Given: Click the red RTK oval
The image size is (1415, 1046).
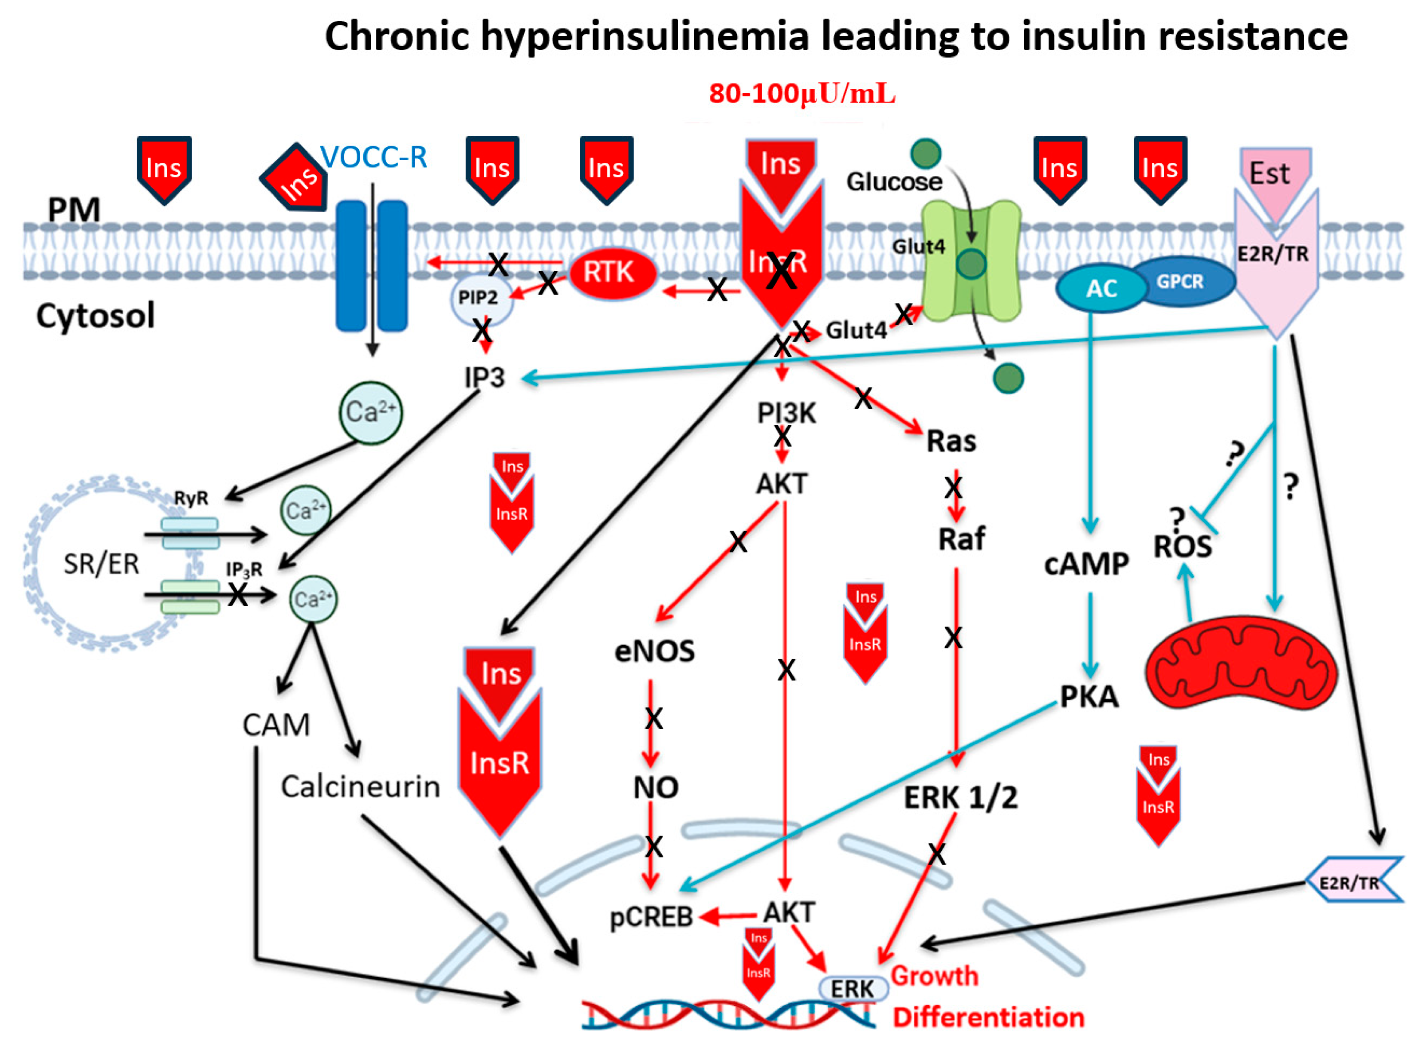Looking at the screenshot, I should click(611, 273).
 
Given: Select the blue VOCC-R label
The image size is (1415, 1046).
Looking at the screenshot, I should click(373, 157).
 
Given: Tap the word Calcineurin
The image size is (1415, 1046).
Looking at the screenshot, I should click(360, 787).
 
